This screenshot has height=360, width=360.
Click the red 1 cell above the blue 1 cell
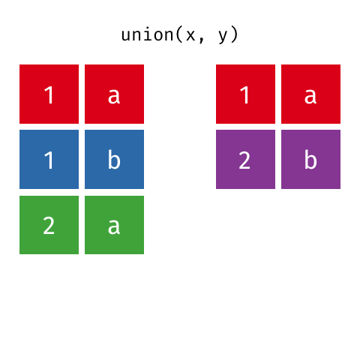(x=49, y=94)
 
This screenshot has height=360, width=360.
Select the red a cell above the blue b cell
(x=114, y=94)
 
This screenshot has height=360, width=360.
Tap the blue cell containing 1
(x=49, y=159)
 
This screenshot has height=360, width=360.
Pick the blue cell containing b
(x=114, y=159)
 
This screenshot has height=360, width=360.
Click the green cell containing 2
(x=49, y=225)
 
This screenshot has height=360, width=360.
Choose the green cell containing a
(x=114, y=225)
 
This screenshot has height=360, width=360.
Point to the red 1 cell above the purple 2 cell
(x=245, y=94)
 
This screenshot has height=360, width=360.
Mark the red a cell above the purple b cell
(x=310, y=94)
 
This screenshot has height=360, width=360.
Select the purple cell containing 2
(x=245, y=159)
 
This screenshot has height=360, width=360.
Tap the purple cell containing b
(x=310, y=159)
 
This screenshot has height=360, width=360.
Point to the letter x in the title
(x=190, y=35)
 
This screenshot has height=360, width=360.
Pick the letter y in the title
(x=223, y=37)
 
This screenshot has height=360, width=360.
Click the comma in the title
(x=202, y=40)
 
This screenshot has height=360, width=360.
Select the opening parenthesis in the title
(x=179, y=34)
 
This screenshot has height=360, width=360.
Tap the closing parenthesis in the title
(x=234, y=34)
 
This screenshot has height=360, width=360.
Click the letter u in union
(x=127, y=35)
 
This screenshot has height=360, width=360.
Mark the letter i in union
(x=148, y=34)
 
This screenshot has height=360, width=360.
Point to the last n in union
(x=169, y=35)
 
